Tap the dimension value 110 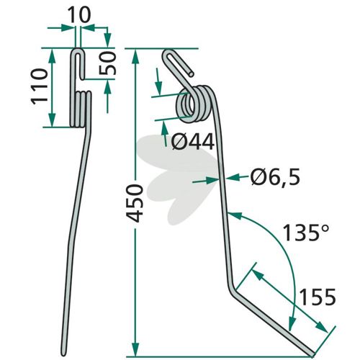tap(40, 86)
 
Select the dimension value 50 tap(107, 63)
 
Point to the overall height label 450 tap(135, 204)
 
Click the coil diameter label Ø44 tap(193, 142)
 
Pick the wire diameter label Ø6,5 tap(275, 178)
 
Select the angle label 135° tap(305, 233)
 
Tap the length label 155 tap(318, 297)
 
